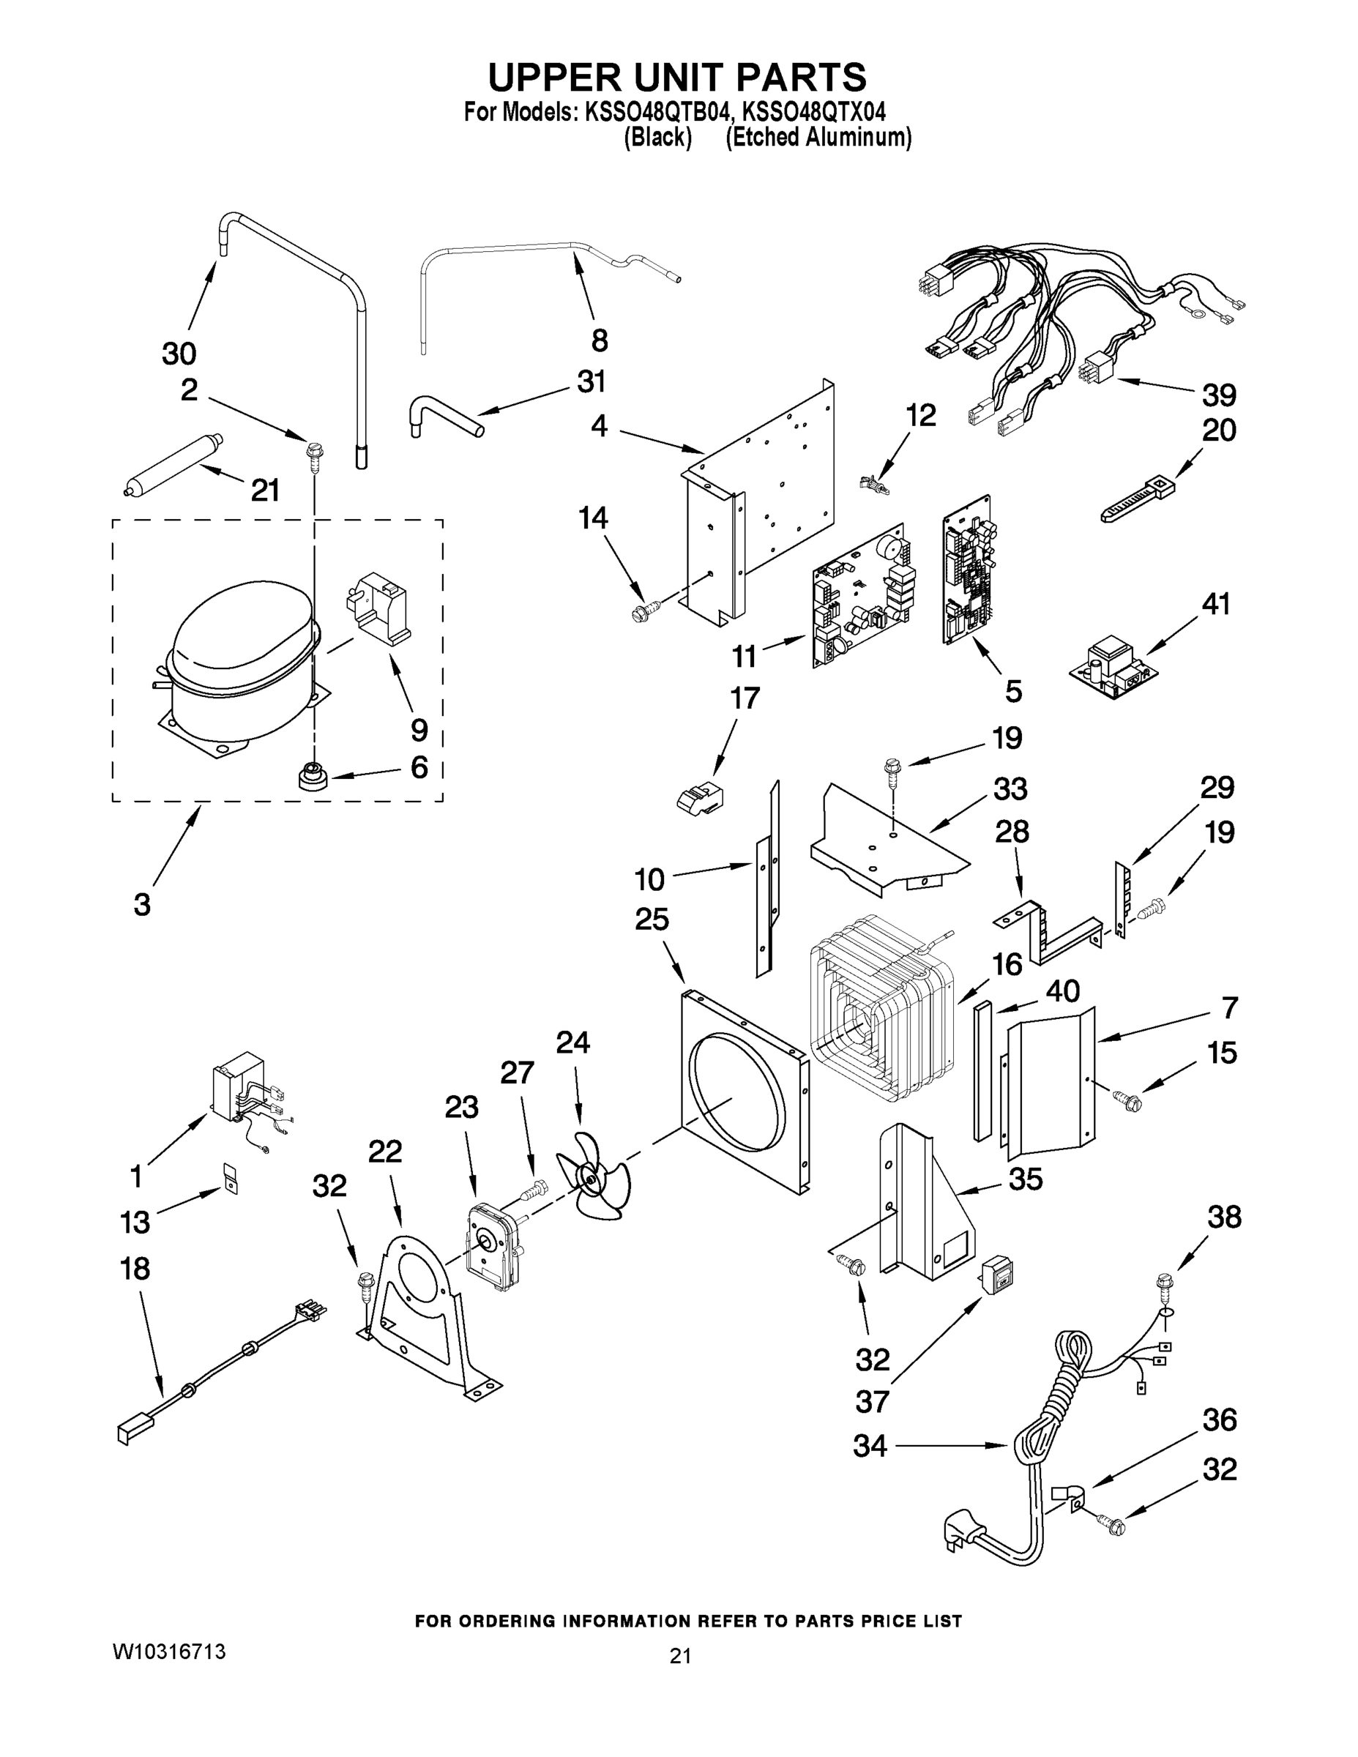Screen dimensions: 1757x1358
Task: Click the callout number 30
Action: coord(179,352)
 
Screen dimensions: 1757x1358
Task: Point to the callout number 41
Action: coord(1215,603)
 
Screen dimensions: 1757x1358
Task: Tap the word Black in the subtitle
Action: coord(658,138)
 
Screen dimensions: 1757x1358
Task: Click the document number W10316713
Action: coord(169,1652)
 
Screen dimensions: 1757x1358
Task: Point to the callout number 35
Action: coord(1025,1179)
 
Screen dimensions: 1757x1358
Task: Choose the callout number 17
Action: coord(745,698)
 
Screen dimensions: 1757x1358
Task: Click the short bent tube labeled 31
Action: coord(444,414)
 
